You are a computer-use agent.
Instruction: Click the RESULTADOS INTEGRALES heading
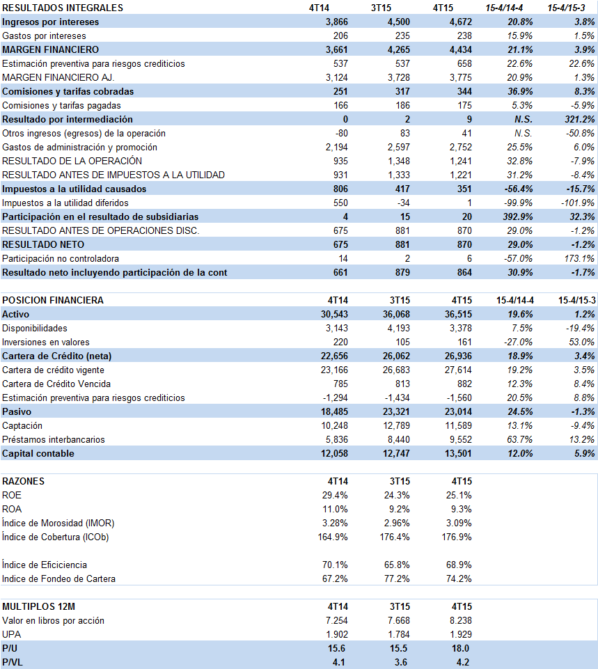coord(63,8)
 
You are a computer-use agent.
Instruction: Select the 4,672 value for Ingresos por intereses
coord(461,22)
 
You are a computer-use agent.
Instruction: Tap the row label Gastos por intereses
coord(44,36)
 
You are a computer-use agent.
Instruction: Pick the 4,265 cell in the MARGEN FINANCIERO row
coord(398,49)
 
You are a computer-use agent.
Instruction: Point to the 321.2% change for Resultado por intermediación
coord(580,119)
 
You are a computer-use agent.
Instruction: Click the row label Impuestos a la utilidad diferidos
coord(65,203)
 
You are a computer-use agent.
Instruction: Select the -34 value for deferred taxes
coord(403,203)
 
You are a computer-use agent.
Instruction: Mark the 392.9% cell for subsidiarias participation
coord(518,217)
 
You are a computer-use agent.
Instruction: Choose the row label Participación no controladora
coord(61,258)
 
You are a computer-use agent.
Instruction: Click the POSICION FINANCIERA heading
coord(53,300)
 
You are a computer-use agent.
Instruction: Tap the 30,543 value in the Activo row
coord(334,314)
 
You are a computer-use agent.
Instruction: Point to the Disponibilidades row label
coord(35,328)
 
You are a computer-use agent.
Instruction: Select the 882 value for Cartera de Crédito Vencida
coord(464,384)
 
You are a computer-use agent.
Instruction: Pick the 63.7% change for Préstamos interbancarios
coord(520,439)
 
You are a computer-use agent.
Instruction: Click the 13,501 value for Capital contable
coord(458,453)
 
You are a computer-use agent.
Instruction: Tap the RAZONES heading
coord(24,481)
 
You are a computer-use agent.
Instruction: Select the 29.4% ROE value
coord(335,495)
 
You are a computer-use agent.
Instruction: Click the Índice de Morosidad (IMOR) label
coord(58,523)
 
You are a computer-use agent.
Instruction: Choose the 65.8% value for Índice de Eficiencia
coord(397,565)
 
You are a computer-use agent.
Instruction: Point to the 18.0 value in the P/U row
coord(460,648)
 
